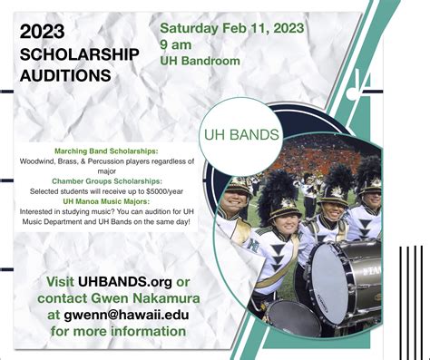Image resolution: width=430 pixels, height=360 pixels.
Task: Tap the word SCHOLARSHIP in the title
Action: point(80,54)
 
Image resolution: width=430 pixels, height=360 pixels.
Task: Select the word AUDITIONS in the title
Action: point(66,75)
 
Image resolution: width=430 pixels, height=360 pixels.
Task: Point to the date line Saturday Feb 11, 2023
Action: point(232,25)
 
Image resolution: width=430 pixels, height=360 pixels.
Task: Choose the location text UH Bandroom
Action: point(200,61)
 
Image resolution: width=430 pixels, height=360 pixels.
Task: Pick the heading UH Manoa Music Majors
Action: point(108,200)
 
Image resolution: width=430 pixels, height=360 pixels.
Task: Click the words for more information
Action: point(119,331)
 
